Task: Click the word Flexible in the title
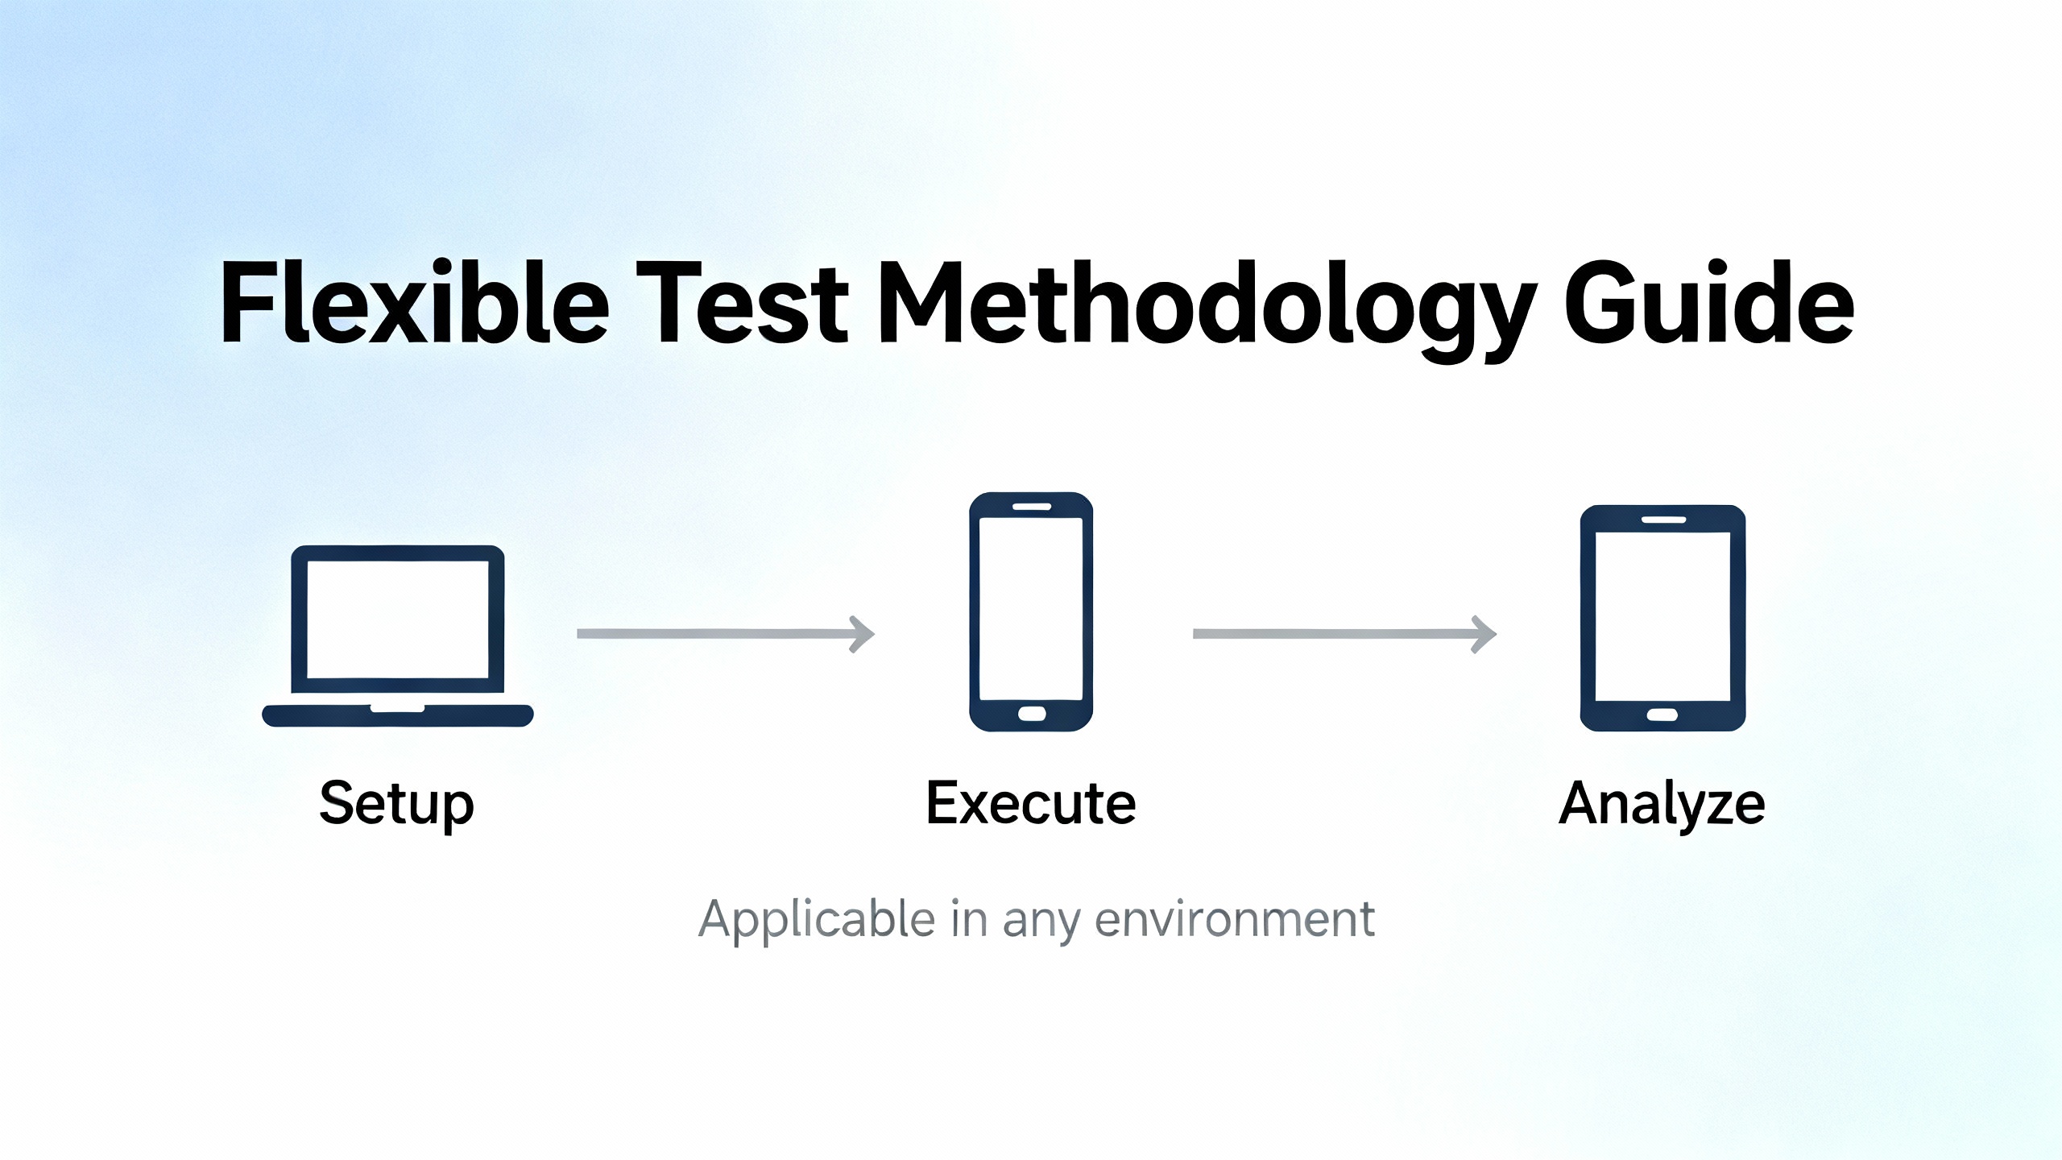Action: tap(416, 303)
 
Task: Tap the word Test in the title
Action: tap(742, 303)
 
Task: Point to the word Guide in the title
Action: tap(1708, 303)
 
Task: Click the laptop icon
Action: tap(398, 636)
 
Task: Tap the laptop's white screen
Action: tap(398, 619)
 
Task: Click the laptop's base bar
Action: tap(398, 715)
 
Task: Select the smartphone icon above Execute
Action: tap(1031, 611)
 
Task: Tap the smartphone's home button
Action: tap(1031, 714)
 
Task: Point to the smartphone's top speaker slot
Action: tap(1032, 507)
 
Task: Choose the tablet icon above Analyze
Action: tap(1662, 618)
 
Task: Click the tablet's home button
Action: tap(1662, 715)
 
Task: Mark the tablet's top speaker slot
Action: tap(1663, 520)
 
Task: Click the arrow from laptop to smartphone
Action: tap(726, 634)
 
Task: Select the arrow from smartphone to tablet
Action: tap(1345, 634)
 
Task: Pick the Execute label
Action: tap(1031, 803)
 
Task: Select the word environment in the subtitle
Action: tap(1235, 919)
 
